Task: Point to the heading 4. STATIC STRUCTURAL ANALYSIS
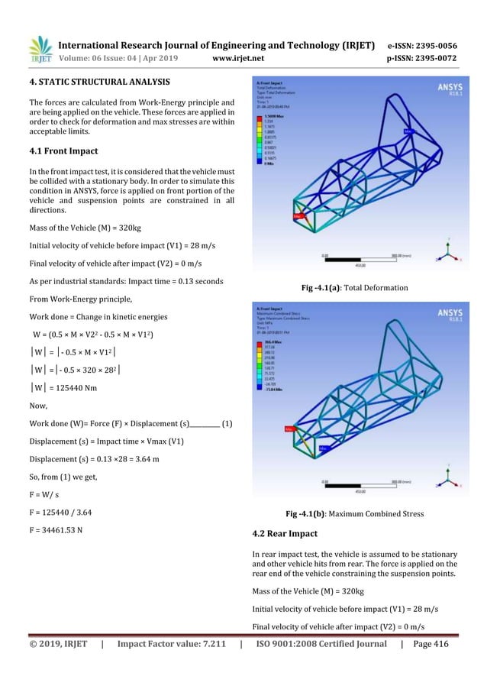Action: pyautogui.click(x=99, y=81)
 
